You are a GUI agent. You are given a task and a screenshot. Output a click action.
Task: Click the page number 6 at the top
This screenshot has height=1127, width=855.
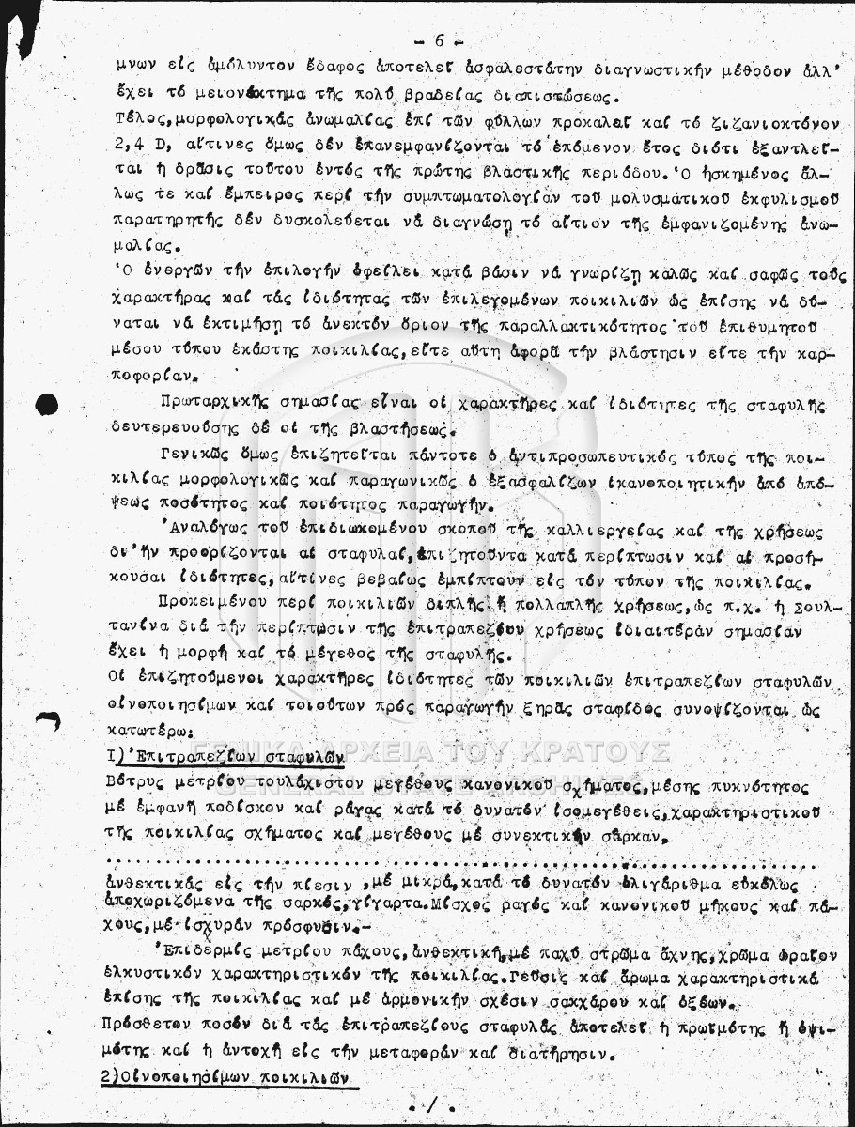439,40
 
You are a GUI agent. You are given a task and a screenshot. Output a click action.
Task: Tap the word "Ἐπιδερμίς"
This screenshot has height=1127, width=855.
206,952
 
